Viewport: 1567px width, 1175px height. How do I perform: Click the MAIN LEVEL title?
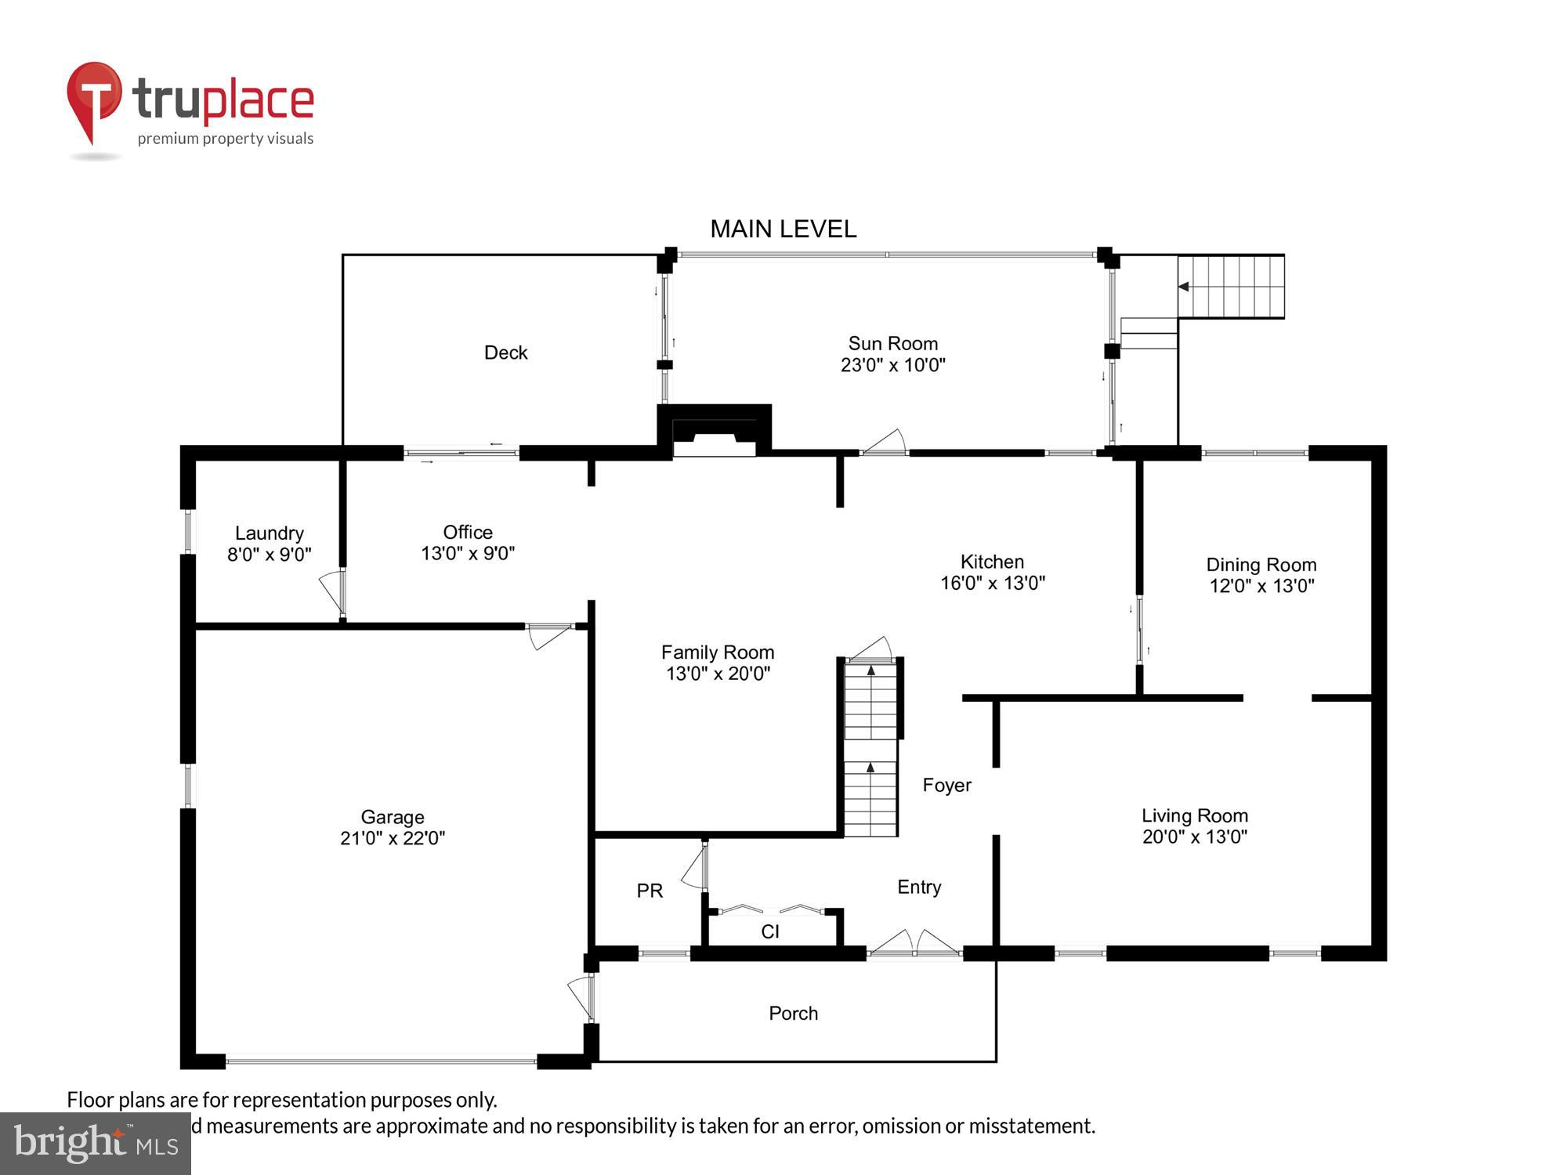(x=783, y=229)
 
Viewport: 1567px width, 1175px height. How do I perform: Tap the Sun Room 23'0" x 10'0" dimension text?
(x=892, y=365)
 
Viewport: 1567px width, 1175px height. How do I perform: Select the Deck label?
(x=505, y=352)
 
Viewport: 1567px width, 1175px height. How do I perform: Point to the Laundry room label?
(x=269, y=533)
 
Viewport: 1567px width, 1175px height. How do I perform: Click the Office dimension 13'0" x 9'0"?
(x=468, y=554)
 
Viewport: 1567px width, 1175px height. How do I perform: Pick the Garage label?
(x=392, y=817)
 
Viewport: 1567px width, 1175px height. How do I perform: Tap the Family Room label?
(x=717, y=653)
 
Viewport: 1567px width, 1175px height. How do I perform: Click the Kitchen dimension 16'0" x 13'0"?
(x=992, y=583)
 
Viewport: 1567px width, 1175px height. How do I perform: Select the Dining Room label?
(x=1261, y=565)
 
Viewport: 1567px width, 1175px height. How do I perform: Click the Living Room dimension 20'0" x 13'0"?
(x=1194, y=837)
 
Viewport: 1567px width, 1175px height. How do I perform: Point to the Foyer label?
(x=946, y=785)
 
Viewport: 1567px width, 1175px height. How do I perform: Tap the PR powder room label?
(x=650, y=891)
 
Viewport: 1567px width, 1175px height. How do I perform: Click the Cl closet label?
(x=769, y=931)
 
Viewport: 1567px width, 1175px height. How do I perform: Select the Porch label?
(x=793, y=1014)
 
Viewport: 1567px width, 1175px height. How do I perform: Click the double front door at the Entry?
(x=914, y=945)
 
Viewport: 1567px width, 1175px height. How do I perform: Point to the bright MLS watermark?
(x=95, y=1144)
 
